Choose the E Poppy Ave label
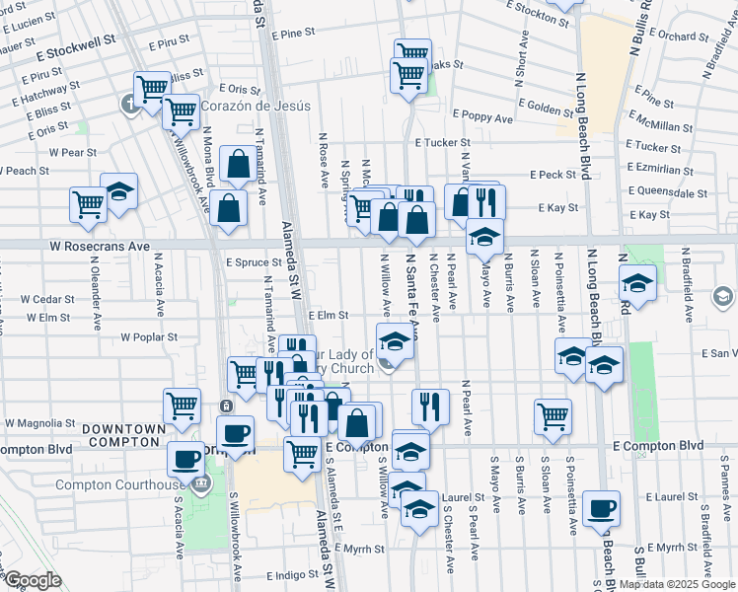click(482, 118)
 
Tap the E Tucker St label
click(446, 143)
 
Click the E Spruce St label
click(255, 263)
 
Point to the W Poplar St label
click(149, 336)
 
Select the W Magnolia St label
click(41, 422)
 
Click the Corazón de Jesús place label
click(257, 106)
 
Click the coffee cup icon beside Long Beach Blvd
click(602, 509)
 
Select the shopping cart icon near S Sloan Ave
click(553, 415)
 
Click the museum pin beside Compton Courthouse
click(202, 483)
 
